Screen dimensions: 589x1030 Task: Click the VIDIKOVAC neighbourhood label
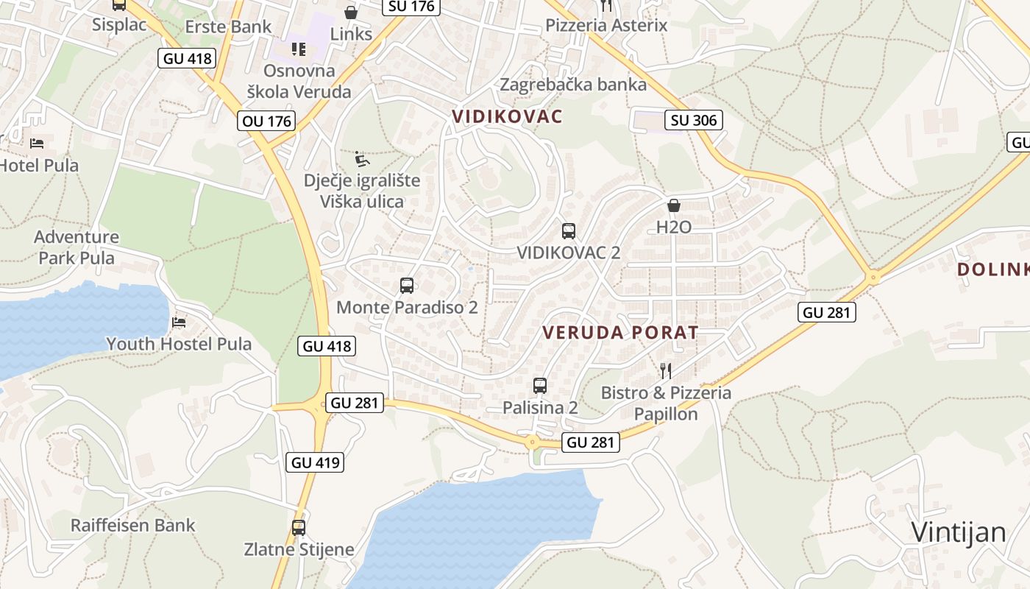click(507, 116)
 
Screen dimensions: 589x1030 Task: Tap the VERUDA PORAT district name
click(620, 332)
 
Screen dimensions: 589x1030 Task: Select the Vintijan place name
click(959, 532)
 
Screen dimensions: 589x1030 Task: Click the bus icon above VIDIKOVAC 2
click(568, 231)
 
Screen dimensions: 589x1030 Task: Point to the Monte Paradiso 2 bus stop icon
click(407, 286)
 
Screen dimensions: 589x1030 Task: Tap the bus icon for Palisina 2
click(540, 386)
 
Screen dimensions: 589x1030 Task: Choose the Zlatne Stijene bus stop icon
click(299, 528)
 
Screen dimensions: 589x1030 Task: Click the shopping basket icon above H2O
click(673, 205)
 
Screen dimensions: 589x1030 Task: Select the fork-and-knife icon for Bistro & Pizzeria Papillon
click(666, 370)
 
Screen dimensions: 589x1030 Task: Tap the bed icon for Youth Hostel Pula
click(179, 322)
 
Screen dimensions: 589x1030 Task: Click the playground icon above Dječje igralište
click(362, 159)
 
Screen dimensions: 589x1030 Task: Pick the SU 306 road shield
click(694, 120)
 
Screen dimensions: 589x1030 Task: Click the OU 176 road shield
click(266, 121)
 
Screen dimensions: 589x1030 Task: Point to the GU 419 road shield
click(316, 462)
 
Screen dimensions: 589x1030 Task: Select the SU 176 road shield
click(412, 7)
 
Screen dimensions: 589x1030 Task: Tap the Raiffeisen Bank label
click(133, 526)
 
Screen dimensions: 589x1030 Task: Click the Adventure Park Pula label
click(77, 247)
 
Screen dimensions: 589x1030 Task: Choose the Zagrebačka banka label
click(573, 85)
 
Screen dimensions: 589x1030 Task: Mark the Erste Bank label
click(228, 27)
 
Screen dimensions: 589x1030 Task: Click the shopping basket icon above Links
click(351, 13)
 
